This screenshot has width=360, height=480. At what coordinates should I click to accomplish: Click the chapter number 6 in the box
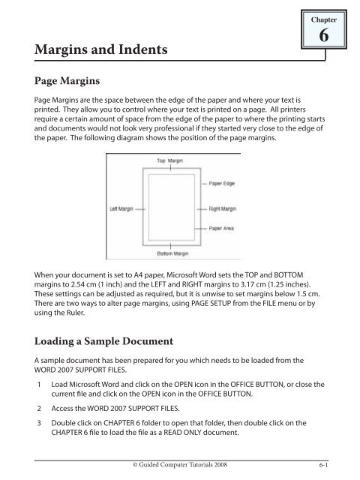(x=324, y=35)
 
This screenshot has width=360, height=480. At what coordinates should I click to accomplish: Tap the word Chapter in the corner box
(x=324, y=20)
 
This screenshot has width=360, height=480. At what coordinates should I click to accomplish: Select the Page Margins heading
(x=67, y=81)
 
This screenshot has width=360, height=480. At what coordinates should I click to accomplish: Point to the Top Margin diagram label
(x=170, y=160)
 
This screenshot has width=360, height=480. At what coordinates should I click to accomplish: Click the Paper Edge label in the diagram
(x=222, y=183)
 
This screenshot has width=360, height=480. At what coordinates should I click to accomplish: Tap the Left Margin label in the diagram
(x=121, y=208)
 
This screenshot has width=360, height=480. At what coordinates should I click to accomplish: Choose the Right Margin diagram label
(x=223, y=208)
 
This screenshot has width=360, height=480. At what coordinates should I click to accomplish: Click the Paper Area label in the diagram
(x=221, y=228)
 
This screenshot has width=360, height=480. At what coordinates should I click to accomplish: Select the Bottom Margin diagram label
(x=172, y=253)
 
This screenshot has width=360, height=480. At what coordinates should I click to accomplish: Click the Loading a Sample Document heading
(x=103, y=341)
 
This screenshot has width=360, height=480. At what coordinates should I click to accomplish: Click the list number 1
(x=39, y=385)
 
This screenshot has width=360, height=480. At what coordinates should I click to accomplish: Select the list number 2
(x=39, y=409)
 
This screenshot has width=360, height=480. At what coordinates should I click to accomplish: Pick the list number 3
(x=39, y=423)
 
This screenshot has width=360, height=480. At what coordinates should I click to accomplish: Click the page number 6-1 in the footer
(x=323, y=465)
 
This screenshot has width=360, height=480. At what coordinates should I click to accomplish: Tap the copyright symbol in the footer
(x=135, y=465)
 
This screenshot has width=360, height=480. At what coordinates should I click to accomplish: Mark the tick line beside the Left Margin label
(x=140, y=209)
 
